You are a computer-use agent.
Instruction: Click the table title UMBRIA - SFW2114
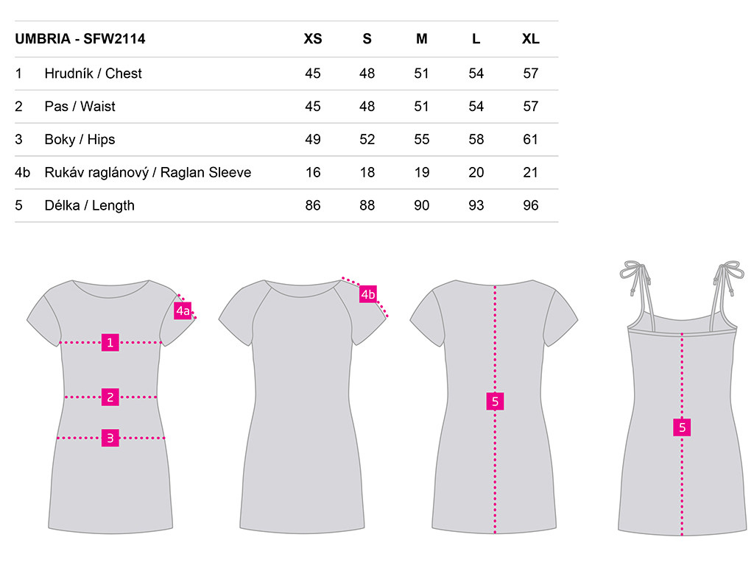[x=80, y=39]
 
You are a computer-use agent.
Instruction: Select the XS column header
[x=312, y=39]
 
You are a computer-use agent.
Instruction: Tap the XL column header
[x=530, y=39]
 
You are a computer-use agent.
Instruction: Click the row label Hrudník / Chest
[x=94, y=74]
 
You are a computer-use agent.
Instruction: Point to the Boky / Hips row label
[x=80, y=139]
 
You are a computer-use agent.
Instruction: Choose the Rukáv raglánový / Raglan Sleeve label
[x=147, y=172]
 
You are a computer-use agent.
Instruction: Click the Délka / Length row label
[x=89, y=206]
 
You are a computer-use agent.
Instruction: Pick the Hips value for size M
[x=422, y=139]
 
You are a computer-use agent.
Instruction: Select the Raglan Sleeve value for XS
[x=313, y=172]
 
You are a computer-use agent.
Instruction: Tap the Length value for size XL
[x=530, y=206]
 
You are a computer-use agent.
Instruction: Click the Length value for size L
[x=476, y=206]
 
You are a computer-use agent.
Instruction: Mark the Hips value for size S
[x=367, y=139]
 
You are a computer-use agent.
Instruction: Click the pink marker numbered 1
[x=110, y=343]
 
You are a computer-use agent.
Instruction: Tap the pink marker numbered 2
[x=110, y=397]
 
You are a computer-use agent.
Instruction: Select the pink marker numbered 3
[x=110, y=438]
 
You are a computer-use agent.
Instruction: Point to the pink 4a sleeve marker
[x=183, y=311]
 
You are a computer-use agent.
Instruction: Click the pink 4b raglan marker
[x=368, y=294]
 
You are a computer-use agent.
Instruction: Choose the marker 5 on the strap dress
[x=682, y=427]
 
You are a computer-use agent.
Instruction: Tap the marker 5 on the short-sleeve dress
[x=496, y=401]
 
